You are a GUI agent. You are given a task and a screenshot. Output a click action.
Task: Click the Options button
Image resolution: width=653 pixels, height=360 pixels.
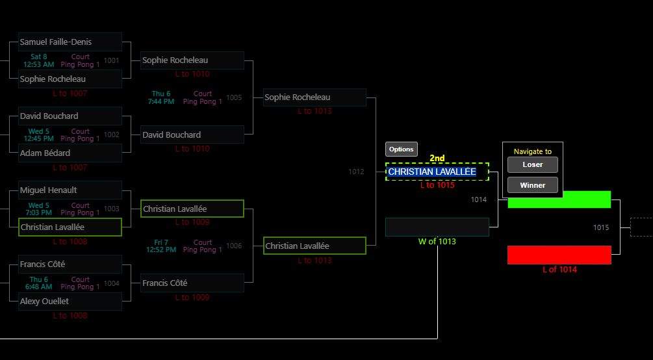coord(401,149)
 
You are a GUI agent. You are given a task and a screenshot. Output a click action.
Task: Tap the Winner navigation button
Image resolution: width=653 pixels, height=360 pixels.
coord(532,185)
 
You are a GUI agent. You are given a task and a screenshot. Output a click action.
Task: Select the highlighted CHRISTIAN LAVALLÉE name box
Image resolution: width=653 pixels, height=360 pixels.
coord(437,172)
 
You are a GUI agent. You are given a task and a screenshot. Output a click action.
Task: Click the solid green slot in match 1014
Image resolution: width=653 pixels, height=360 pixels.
coord(559,199)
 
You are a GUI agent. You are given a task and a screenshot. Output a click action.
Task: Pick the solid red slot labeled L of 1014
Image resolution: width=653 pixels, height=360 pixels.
coord(559,255)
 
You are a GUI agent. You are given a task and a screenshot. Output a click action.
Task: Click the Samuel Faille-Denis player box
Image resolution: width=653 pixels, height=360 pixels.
coord(70,42)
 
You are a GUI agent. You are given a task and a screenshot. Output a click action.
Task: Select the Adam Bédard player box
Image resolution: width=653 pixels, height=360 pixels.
coord(70,153)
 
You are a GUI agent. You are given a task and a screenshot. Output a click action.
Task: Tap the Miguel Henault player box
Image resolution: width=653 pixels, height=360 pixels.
coord(70,190)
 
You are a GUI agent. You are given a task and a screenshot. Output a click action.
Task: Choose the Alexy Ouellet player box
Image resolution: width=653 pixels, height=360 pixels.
coord(70,302)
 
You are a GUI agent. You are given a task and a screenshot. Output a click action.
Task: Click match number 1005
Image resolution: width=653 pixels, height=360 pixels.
coord(234,98)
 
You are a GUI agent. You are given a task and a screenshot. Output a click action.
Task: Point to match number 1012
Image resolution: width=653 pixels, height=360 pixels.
coord(356,172)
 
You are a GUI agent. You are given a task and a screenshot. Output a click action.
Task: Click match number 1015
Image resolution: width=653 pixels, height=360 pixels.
coord(601,227)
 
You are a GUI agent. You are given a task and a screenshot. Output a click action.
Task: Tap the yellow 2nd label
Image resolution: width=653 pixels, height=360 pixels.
coord(437,158)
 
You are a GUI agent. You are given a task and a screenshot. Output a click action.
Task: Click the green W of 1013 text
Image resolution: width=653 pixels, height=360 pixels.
coord(437,242)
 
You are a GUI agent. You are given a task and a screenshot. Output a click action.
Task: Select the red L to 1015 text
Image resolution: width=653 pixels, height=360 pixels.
coord(437,185)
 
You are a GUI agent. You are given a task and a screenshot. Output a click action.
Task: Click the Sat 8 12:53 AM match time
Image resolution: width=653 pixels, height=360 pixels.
coord(39,61)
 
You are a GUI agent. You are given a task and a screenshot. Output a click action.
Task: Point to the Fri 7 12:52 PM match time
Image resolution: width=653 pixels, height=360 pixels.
coord(161,246)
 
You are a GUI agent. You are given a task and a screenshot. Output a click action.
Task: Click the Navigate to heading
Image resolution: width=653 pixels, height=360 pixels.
coord(532,151)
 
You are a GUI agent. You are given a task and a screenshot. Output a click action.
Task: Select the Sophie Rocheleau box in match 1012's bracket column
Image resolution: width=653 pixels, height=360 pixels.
coord(314,97)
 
